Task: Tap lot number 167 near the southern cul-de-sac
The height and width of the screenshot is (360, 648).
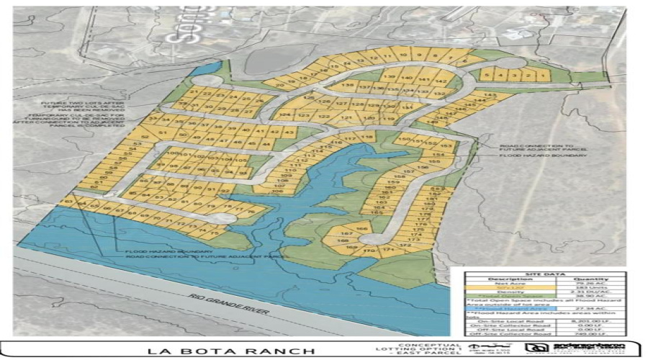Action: click(x=346, y=233)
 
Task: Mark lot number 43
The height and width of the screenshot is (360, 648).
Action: click(x=289, y=133)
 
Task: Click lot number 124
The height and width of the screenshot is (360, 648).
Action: click(x=285, y=114)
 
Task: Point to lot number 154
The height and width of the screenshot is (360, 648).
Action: click(x=438, y=155)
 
